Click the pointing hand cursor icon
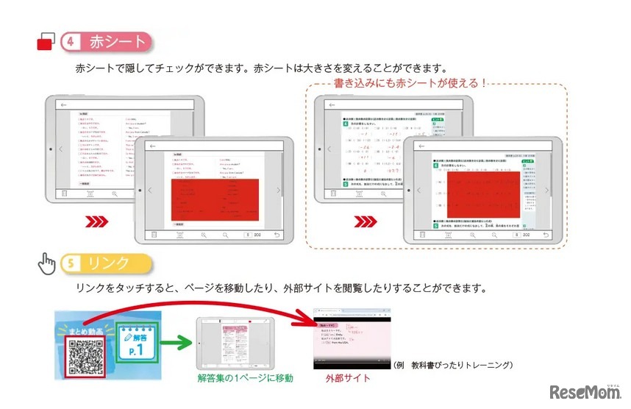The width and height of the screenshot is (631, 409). point(48,263)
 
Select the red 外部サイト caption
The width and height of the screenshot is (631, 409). point(348,378)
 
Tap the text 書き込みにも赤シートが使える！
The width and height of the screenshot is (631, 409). point(410,82)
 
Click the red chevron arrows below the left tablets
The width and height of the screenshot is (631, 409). point(97,221)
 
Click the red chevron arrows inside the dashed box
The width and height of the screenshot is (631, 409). point(366,221)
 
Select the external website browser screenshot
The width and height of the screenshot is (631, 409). point(352,338)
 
